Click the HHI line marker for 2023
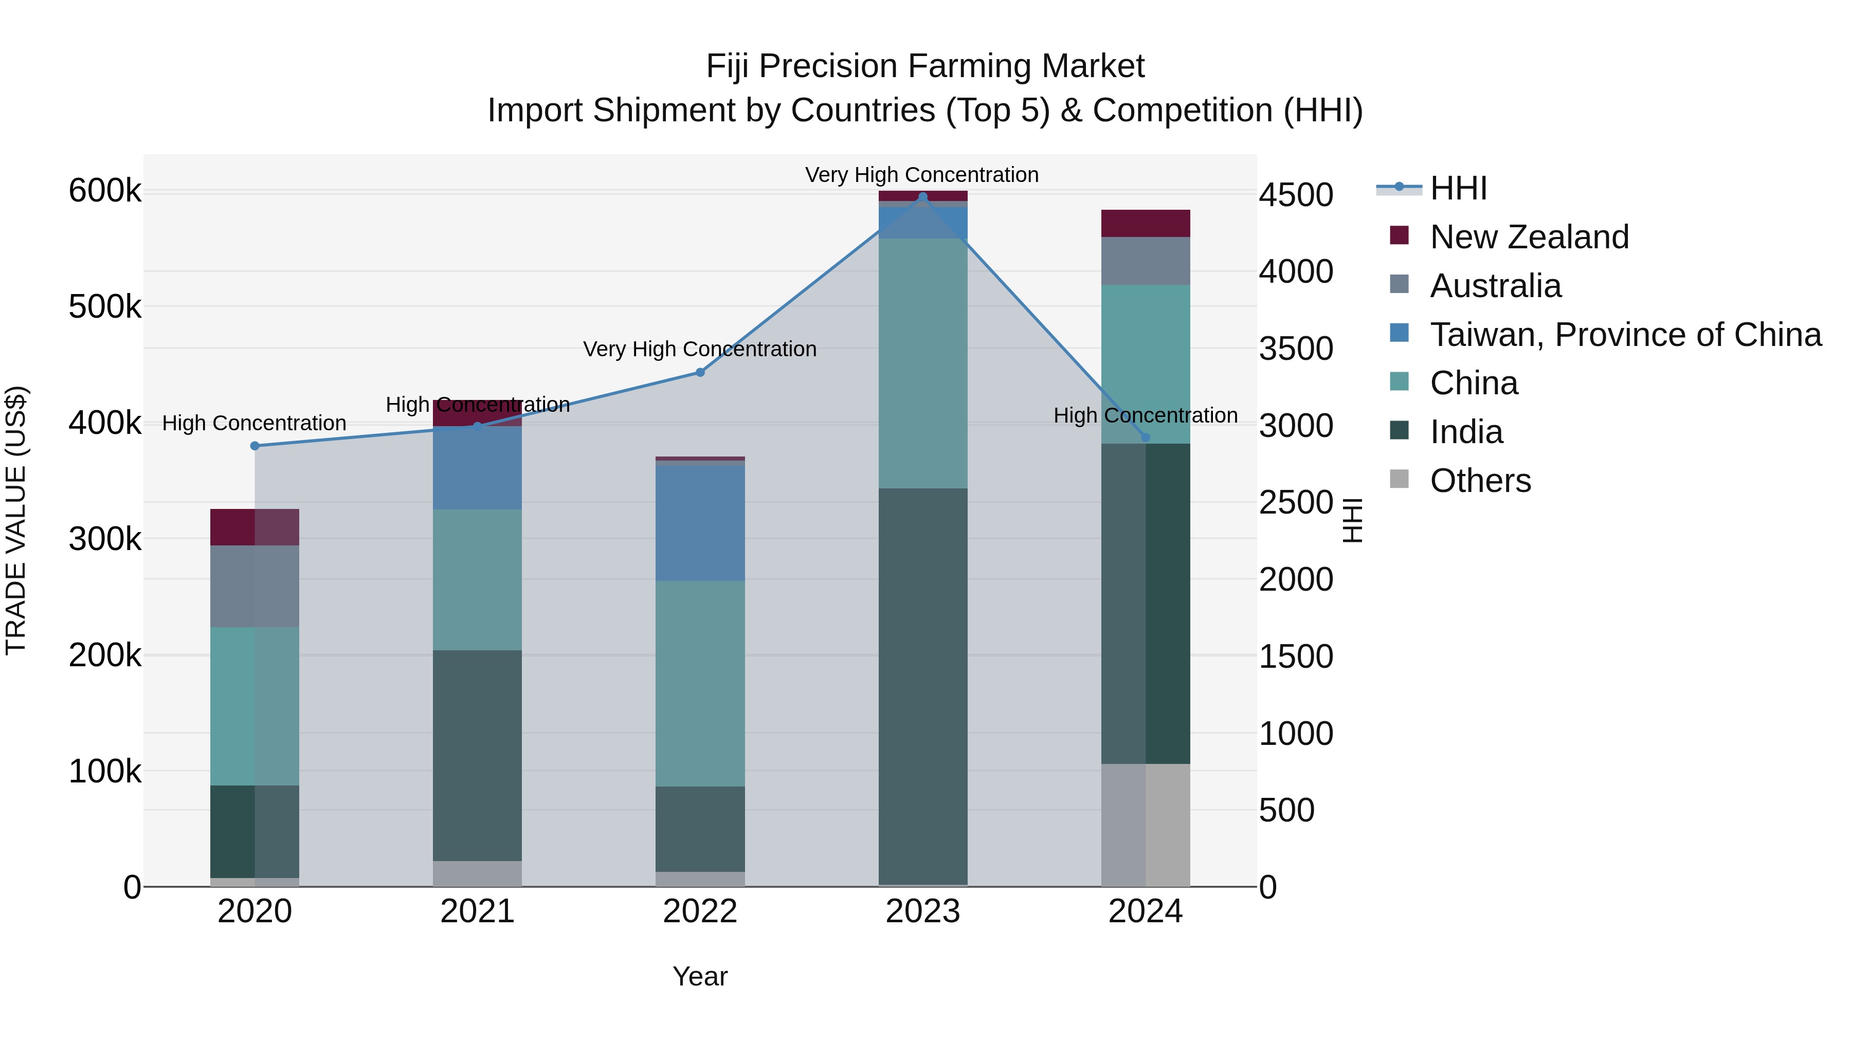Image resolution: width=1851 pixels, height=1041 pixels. [922, 197]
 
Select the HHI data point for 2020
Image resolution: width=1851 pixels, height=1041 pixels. [255, 446]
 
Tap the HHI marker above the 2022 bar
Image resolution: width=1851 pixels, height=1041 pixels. [700, 372]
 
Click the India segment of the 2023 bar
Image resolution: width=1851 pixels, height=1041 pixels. [922, 686]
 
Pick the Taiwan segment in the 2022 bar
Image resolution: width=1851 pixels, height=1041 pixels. [700, 523]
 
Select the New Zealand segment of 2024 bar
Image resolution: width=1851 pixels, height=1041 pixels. [1146, 224]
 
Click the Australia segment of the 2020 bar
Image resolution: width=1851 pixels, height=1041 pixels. [255, 586]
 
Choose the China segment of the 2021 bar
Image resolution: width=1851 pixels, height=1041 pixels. [477, 580]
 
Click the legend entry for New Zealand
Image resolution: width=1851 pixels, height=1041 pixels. [1529, 237]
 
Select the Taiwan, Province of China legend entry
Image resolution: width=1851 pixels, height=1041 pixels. [1625, 335]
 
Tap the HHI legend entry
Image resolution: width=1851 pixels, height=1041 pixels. [1458, 188]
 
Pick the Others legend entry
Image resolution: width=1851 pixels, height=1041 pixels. [1480, 481]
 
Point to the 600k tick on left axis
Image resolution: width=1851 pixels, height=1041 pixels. [105, 191]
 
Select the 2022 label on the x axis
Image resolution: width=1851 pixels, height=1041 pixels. [700, 911]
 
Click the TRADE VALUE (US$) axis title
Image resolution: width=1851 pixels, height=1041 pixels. [16, 520]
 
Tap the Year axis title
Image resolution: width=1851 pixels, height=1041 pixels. [700, 976]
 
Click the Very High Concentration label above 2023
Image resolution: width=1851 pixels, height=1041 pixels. [922, 175]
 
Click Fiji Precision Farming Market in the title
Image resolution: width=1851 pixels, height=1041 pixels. [925, 66]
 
